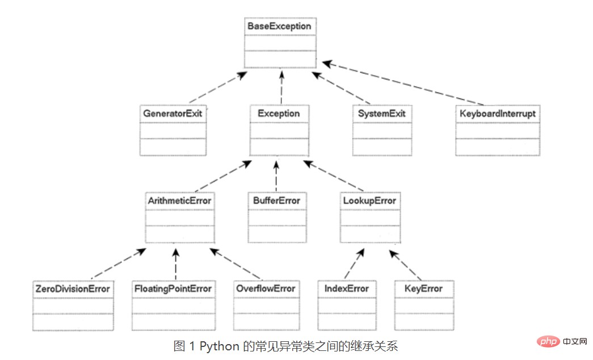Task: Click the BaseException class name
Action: pos(280,26)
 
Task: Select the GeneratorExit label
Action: pos(173,113)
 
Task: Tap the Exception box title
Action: pos(279,113)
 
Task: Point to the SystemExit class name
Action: pos(381,114)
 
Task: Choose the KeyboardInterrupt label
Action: pos(498,114)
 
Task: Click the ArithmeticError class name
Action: pos(180,200)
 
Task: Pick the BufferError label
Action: pos(277,200)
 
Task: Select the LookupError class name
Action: pos(369,200)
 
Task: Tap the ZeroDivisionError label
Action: pos(73,289)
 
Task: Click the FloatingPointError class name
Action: pos(173,289)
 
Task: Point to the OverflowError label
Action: pos(266,288)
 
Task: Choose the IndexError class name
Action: pos(346,288)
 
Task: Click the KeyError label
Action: pos(423,288)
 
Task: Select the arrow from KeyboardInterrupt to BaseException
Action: pos(403,83)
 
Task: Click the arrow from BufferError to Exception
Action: pos(276,176)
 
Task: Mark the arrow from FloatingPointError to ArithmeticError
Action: pos(175,264)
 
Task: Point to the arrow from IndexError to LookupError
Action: pos(354,263)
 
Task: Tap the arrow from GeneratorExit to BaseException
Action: pos(218,87)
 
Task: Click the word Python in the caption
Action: pos(220,346)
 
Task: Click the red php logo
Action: pos(548,341)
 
